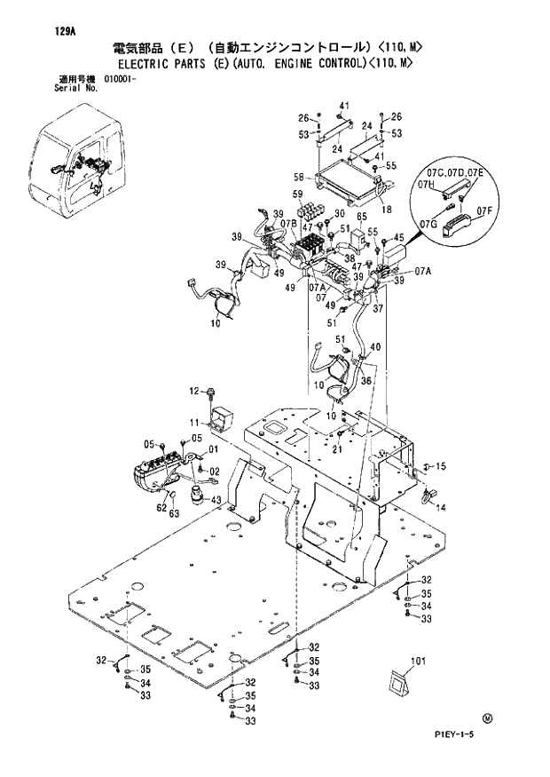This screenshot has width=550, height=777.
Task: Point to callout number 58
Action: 299,176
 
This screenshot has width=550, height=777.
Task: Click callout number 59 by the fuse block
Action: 299,194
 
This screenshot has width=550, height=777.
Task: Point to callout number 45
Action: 399,237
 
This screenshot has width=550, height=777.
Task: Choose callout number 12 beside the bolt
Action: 193,392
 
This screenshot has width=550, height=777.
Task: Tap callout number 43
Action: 216,501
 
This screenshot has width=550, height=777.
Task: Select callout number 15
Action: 441,466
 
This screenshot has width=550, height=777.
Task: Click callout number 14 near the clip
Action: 441,507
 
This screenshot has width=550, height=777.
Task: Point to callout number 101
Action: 419,660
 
